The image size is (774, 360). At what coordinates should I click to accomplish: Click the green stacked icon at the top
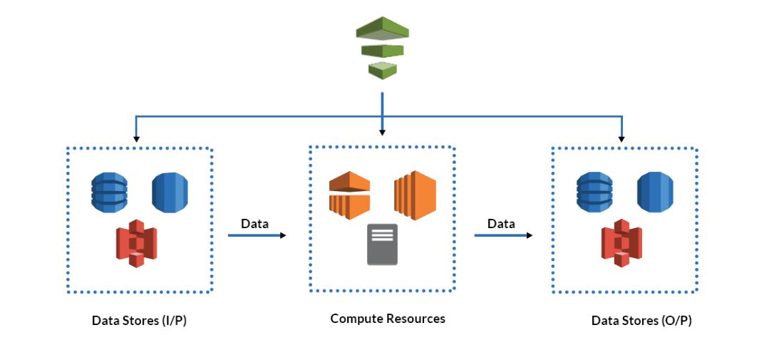[383, 48]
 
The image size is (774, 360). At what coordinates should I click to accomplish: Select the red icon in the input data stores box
[136, 243]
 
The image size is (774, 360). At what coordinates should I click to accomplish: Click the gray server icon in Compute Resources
[382, 244]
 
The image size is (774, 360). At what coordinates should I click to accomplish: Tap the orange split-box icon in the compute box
[349, 195]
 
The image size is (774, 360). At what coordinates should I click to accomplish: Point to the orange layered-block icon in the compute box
[414, 194]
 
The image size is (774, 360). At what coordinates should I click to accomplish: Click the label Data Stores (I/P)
[140, 321]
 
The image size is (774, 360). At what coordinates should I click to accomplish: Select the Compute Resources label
[388, 319]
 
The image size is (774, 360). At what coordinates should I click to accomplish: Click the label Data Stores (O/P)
[641, 321]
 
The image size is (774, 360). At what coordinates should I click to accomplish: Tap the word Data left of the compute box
[254, 224]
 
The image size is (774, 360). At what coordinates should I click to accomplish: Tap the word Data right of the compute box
[501, 224]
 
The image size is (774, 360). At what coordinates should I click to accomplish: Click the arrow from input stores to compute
[257, 235]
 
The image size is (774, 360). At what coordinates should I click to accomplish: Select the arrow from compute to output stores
[504, 235]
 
